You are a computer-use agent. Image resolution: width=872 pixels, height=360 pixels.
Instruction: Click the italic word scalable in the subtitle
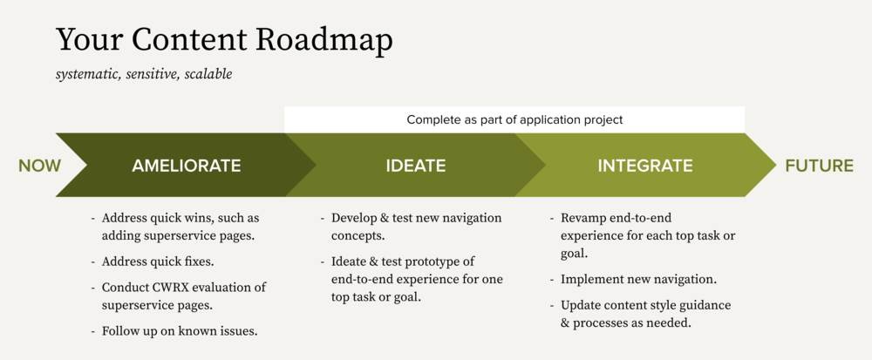(x=208, y=74)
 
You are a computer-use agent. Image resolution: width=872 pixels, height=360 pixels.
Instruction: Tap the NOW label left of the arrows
(x=40, y=166)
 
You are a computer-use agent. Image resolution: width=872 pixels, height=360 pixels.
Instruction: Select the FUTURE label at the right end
(x=820, y=166)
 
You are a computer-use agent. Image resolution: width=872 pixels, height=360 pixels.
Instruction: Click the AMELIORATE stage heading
(x=186, y=166)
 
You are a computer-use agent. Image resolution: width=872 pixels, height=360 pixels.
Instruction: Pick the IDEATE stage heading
(x=416, y=166)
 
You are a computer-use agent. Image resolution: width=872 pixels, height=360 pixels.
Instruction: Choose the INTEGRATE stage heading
(x=645, y=166)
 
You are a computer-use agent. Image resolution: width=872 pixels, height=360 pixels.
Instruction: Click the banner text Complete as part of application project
(x=514, y=119)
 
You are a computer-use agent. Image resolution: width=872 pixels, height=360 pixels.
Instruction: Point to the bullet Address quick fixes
(x=158, y=262)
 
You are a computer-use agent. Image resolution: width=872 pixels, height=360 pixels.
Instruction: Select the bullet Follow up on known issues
(x=180, y=331)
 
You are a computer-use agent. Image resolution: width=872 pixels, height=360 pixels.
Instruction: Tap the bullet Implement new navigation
(x=638, y=280)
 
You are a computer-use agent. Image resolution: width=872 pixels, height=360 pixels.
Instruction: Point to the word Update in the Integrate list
(x=581, y=305)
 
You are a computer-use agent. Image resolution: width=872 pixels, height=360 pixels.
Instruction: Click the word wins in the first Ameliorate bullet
(x=200, y=218)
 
